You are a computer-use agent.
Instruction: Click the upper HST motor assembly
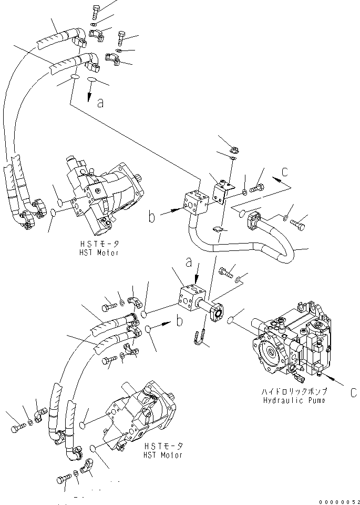click(x=105, y=195)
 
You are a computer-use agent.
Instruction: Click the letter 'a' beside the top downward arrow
click(x=100, y=104)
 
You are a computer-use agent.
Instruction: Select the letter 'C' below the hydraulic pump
click(x=353, y=392)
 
